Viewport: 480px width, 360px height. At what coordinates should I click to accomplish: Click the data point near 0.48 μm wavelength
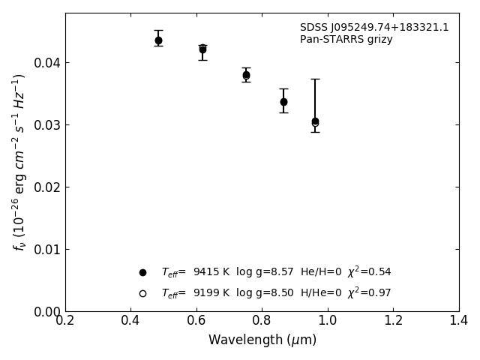[x=158, y=40]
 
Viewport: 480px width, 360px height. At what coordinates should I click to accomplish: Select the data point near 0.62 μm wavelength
[x=202, y=49]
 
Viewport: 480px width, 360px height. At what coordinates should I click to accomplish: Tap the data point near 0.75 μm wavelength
[x=246, y=75]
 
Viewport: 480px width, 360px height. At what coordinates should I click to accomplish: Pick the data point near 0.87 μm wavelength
[x=283, y=102]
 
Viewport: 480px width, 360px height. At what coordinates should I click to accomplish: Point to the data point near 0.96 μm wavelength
[x=315, y=121]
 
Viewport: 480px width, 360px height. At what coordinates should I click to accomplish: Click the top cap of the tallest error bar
[x=315, y=79]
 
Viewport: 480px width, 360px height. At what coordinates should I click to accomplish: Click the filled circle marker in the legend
[x=142, y=272]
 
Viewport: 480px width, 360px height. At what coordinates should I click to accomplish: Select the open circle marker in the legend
[x=142, y=293]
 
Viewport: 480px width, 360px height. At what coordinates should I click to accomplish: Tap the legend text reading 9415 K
[x=211, y=272]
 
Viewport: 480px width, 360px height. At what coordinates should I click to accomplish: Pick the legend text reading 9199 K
[x=211, y=293]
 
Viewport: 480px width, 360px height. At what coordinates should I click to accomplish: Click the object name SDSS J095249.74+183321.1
[x=374, y=28]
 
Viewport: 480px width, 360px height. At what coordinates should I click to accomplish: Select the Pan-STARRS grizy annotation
[x=346, y=40]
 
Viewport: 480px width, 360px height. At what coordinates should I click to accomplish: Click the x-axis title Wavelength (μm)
[x=262, y=340]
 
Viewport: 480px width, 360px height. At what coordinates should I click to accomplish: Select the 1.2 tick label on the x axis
[x=393, y=320]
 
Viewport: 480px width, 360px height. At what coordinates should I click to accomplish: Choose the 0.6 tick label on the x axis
[x=196, y=320]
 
